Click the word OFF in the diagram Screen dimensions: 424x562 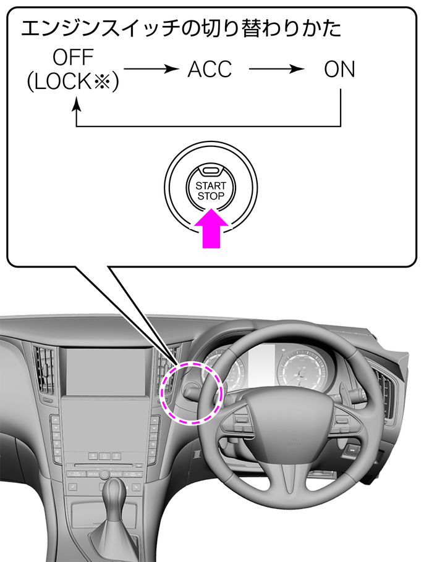73,57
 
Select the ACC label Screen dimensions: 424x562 210,69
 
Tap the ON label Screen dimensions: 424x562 339,69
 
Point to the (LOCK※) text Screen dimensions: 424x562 73,82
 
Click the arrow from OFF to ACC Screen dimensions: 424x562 151,69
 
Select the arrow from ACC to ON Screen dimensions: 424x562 276,69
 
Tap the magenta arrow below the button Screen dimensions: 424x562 211,229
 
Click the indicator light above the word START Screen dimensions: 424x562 211,170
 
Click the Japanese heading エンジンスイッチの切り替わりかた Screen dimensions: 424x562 181,28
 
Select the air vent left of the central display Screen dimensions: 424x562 45,369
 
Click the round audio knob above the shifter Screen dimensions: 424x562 104,474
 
